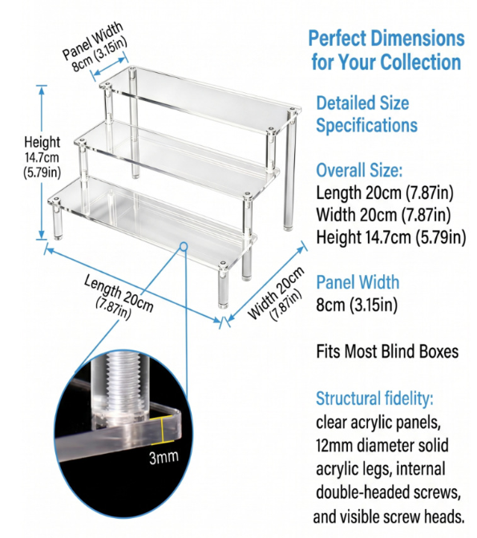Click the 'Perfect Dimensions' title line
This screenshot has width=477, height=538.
386,38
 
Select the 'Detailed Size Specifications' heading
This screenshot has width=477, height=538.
366,114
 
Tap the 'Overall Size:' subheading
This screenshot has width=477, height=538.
359,170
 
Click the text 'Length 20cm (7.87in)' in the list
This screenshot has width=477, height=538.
384,192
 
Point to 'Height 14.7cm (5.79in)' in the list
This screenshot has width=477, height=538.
391,237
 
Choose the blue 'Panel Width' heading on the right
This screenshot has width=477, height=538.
358,282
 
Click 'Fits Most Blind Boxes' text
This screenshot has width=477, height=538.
387,351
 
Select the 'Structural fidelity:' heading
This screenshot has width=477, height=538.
374,398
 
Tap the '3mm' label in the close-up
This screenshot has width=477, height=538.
164,457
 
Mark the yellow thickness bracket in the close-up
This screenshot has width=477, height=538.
164,429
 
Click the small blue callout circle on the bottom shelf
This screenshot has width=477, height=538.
184,246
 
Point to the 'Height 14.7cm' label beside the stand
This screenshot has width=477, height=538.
42,157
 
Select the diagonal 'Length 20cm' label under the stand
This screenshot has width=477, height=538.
119,297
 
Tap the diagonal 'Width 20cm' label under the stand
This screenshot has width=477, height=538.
277,294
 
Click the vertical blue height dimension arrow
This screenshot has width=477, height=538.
42,162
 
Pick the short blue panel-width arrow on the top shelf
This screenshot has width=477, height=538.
110,66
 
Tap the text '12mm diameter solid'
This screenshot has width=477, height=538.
382,445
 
